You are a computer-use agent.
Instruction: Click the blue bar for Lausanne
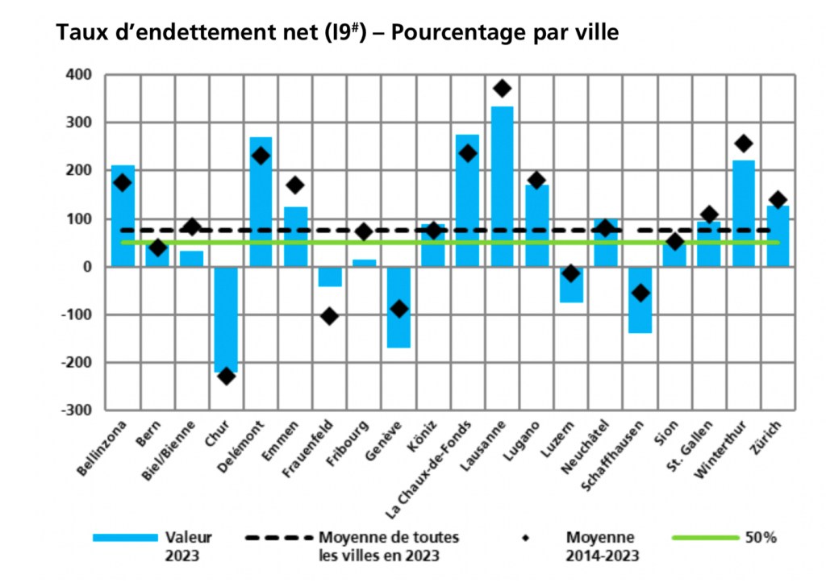click(502, 185)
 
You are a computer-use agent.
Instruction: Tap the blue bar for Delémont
click(261, 202)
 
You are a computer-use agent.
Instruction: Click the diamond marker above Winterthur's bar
click(744, 144)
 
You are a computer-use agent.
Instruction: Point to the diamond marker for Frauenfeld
click(329, 316)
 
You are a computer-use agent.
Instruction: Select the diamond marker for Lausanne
click(502, 88)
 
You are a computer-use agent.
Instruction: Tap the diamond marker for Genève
click(398, 309)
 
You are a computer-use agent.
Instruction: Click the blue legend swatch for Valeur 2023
click(124, 537)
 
